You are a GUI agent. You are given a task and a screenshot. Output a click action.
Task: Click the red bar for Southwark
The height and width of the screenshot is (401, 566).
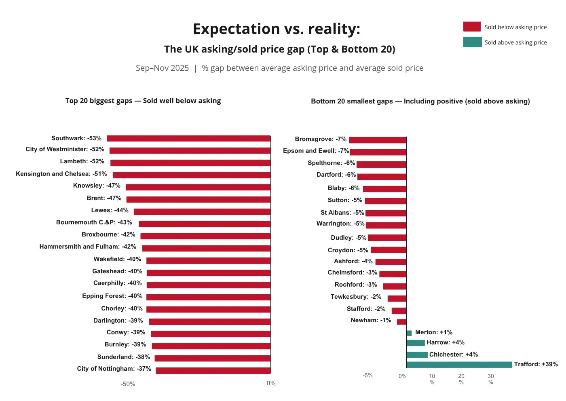(189, 139)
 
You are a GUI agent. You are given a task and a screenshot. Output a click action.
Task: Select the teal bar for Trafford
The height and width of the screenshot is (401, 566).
(459, 365)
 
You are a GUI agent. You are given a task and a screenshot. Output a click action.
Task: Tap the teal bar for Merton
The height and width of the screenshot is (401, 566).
(409, 333)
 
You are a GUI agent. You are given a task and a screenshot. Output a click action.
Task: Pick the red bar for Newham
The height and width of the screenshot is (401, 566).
(401, 322)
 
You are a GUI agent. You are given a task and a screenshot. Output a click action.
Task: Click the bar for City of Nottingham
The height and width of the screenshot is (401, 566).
(213, 370)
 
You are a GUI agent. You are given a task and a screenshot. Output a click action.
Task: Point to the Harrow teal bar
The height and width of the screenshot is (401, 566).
(416, 343)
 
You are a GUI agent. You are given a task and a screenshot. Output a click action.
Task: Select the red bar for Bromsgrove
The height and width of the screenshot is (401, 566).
(378, 140)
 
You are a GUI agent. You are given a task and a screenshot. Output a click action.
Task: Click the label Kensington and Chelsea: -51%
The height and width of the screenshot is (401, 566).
(61, 174)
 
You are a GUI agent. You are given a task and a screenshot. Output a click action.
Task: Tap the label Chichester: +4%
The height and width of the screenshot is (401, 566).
(454, 355)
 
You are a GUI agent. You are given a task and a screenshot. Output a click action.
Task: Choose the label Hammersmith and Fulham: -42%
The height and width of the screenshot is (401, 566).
(88, 247)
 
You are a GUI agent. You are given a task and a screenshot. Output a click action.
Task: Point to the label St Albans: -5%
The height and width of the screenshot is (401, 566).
(342, 213)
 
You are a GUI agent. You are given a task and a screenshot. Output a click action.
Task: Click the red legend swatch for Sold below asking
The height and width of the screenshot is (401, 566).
(472, 27)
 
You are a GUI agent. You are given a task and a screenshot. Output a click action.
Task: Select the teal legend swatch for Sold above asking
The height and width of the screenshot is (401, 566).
(472, 42)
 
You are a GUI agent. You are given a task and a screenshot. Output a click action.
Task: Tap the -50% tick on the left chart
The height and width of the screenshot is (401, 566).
(128, 384)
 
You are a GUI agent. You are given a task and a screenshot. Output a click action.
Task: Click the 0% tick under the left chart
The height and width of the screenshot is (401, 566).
(271, 383)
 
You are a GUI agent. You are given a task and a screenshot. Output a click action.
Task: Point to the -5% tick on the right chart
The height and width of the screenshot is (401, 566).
(367, 376)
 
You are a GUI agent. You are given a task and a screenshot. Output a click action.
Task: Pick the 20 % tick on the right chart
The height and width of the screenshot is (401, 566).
(461, 379)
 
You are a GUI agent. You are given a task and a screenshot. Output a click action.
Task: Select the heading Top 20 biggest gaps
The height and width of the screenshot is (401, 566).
(99, 101)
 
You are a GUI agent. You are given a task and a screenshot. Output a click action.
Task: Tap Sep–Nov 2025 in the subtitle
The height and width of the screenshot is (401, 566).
(162, 68)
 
